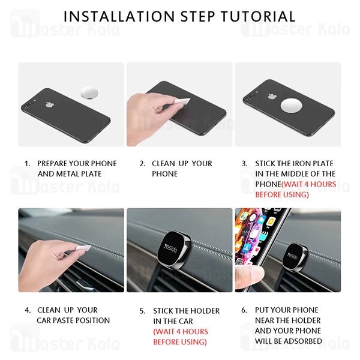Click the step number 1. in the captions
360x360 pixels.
27,163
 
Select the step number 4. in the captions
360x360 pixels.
28,310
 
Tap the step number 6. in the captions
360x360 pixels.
244,310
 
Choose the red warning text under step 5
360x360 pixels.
180,337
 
